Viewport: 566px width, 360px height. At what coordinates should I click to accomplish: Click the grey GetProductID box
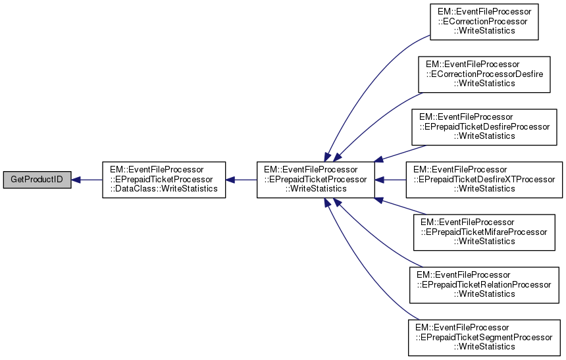(37, 180)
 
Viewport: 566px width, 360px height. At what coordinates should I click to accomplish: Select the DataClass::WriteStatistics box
(163, 179)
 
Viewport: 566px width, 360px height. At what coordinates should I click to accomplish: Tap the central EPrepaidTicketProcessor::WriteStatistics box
(315, 179)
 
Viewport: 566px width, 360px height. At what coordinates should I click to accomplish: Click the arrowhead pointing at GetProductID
(76, 180)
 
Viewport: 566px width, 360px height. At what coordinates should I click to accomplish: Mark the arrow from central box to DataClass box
(241, 180)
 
